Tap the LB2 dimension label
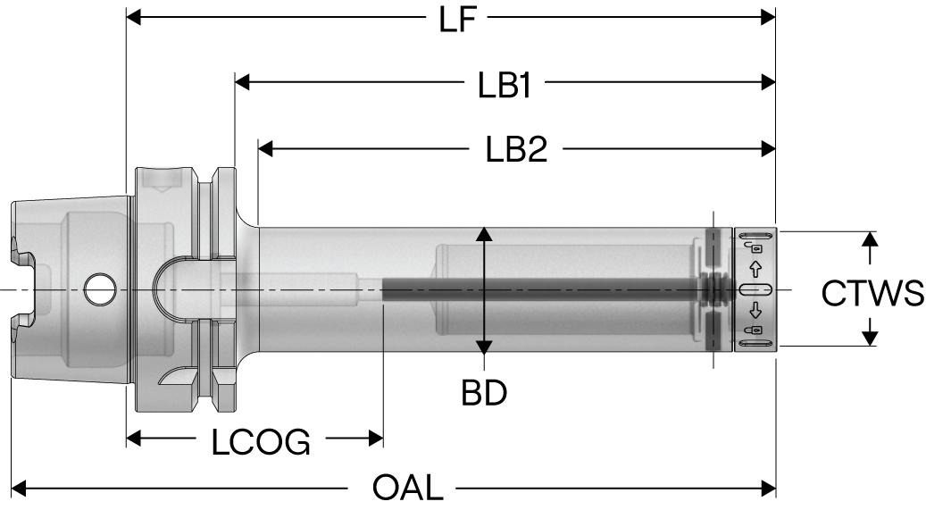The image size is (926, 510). (517, 149)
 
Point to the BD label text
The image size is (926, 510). (484, 393)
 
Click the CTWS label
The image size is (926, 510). (872, 292)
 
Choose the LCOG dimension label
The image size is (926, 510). (261, 441)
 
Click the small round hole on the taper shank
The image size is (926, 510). (95, 288)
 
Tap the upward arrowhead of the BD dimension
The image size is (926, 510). (484, 235)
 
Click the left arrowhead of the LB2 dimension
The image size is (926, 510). (265, 149)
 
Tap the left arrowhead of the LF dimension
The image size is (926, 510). (135, 17)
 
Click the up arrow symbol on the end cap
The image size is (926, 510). (755, 268)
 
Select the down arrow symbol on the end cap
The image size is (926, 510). (755, 311)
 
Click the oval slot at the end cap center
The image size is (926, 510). (755, 289)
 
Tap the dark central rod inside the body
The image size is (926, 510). (536, 288)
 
